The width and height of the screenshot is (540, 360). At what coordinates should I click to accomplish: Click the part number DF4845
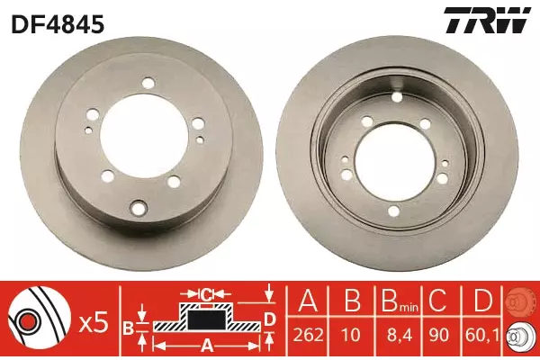click(58, 25)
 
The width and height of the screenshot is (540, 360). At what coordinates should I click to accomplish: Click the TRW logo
click(487, 20)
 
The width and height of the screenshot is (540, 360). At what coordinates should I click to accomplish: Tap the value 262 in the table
click(308, 335)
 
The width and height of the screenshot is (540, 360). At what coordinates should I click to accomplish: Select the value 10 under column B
click(351, 335)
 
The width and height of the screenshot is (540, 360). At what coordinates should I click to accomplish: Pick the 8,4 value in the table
click(399, 335)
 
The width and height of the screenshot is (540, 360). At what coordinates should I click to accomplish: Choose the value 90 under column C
click(440, 335)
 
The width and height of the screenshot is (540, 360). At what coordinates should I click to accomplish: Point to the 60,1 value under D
click(481, 335)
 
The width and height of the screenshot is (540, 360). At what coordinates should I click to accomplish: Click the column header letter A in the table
click(308, 301)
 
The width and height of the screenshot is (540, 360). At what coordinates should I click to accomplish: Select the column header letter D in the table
click(481, 301)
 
